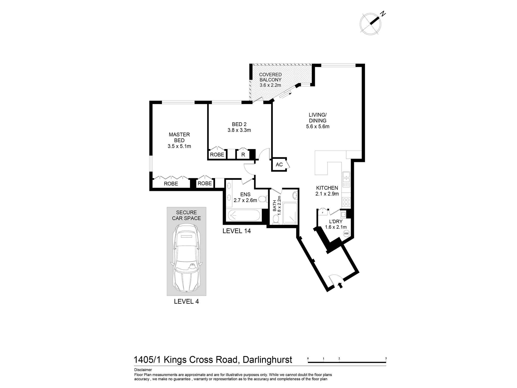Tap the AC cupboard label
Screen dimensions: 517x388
pos(279,165)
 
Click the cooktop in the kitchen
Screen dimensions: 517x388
pos(346,202)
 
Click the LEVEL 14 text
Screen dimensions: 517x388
pos(237,231)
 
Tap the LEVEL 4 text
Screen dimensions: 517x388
pos(186,301)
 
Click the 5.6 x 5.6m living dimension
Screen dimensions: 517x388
pos(318,126)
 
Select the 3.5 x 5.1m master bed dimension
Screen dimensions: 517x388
pos(179,146)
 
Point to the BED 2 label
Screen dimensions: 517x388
pos(239,124)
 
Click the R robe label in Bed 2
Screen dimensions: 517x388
pos(243,155)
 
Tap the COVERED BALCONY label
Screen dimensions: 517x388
pos(270,77)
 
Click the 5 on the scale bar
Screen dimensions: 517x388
pos(386,358)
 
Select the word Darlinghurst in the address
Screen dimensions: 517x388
pos(268,360)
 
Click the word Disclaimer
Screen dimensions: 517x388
pos(143,370)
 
